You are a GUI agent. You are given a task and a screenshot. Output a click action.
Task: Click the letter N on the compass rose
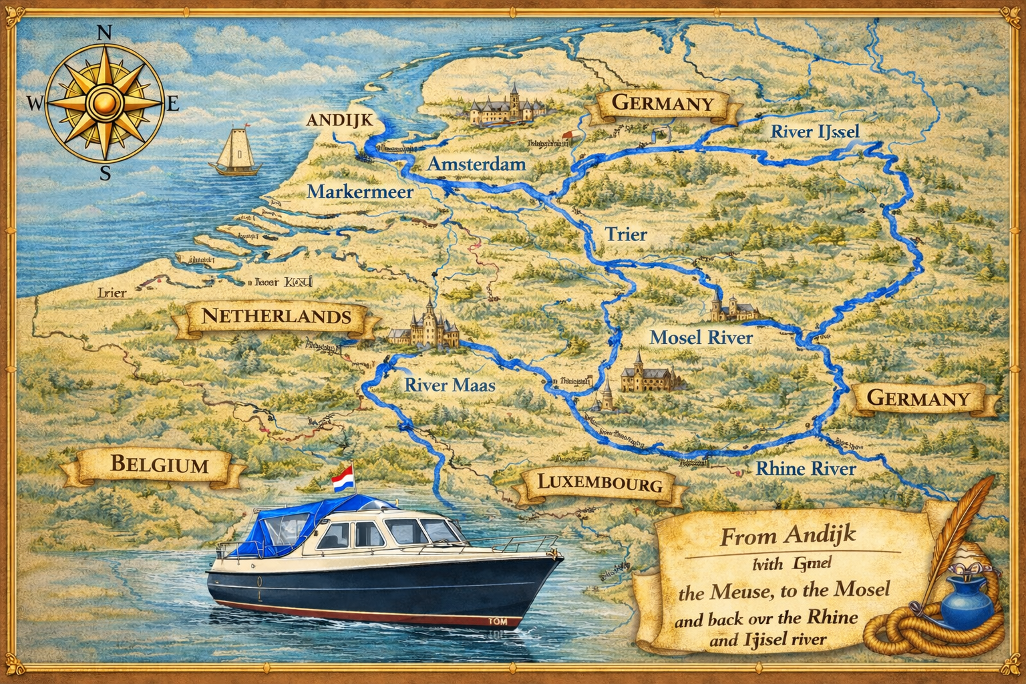click(105, 33)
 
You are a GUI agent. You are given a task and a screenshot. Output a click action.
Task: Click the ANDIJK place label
click(339, 121)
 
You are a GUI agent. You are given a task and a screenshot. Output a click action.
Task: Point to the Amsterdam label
click(476, 164)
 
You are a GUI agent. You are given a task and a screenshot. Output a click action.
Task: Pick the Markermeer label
click(360, 192)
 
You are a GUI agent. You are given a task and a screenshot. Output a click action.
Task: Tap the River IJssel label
click(815, 131)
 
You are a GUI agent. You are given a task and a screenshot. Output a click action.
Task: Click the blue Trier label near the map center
click(626, 234)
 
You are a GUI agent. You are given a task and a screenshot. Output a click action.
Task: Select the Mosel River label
click(701, 337)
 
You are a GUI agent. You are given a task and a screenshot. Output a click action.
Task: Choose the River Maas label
click(450, 385)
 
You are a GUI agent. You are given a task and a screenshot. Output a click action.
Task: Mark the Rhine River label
click(805, 468)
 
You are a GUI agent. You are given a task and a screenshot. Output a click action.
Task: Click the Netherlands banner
click(276, 316)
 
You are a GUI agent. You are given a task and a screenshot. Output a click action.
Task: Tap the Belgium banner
click(159, 464)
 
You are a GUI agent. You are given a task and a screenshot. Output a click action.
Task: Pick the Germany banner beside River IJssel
click(663, 104)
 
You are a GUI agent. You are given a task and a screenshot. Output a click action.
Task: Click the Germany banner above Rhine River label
click(918, 399)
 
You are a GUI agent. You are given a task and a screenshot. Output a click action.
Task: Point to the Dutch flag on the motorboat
click(342, 478)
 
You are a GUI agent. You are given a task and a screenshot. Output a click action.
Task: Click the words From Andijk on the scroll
click(788, 536)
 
